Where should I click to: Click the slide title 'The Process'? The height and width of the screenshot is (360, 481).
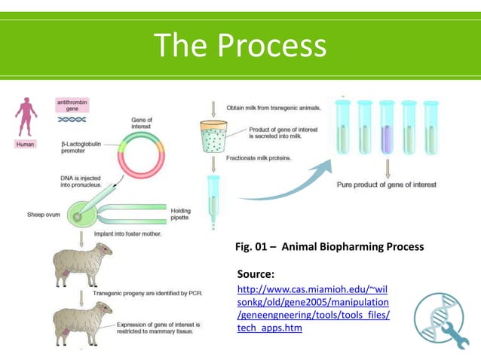pyautogui.click(x=240, y=46)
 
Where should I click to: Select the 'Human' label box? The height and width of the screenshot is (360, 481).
pyautogui.click(x=26, y=145)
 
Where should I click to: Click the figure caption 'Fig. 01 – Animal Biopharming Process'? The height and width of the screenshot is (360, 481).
pyautogui.click(x=330, y=247)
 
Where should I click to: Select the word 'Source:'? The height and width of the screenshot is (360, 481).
pyautogui.click(x=256, y=273)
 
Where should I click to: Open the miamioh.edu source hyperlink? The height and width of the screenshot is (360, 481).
pyautogui.click(x=313, y=309)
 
